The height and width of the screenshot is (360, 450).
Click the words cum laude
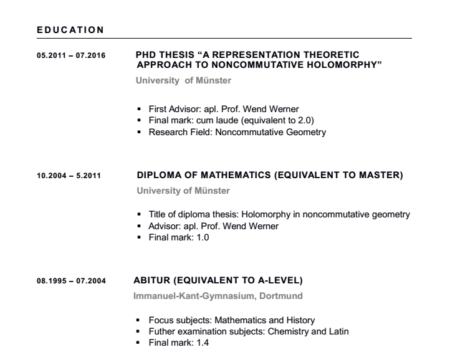[213, 121]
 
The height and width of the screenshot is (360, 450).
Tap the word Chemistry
[285, 330]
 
